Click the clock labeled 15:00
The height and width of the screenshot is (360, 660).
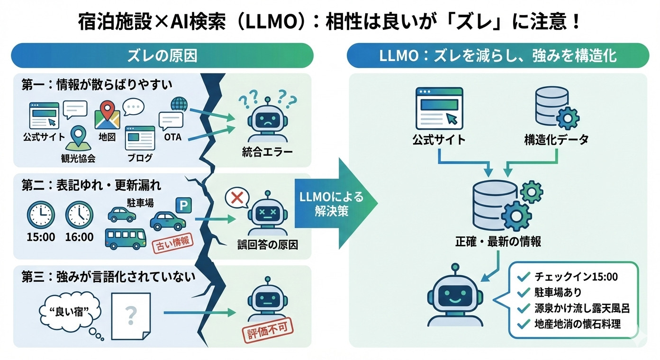[42, 215]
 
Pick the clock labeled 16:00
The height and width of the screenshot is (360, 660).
[79, 215]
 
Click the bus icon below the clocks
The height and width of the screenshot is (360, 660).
[125, 239]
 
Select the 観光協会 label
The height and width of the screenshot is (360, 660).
[78, 158]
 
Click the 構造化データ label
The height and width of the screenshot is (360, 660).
[556, 139]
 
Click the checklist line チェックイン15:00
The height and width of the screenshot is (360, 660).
[576, 277]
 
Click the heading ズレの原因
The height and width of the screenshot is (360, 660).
[162, 56]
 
